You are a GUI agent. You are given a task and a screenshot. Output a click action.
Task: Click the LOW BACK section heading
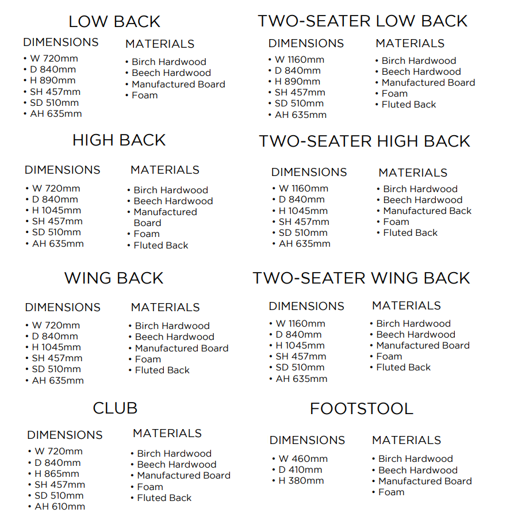pyautogui.click(x=114, y=22)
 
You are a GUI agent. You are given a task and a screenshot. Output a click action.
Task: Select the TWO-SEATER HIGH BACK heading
pyautogui.click(x=365, y=141)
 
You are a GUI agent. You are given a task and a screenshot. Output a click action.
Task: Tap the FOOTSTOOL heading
pyautogui.click(x=361, y=409)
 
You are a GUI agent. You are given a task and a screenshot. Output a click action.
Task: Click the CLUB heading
pyautogui.click(x=115, y=408)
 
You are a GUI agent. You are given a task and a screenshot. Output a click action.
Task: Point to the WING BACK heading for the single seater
pyautogui.click(x=114, y=278)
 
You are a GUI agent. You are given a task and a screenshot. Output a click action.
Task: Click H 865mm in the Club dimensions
pyautogui.click(x=57, y=474)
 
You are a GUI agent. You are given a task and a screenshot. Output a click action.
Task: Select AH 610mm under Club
pyautogui.click(x=60, y=507)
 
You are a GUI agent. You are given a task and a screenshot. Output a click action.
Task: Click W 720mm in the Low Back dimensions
pyautogui.click(x=55, y=59)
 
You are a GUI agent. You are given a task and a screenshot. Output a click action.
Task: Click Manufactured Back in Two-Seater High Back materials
pyautogui.click(x=427, y=211)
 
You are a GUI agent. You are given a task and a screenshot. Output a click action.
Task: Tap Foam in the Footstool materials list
pyautogui.click(x=391, y=492)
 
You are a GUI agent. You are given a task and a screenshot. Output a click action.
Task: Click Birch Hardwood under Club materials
pyautogui.click(x=174, y=454)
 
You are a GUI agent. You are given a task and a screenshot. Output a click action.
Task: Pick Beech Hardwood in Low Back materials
pyautogui.click(x=171, y=73)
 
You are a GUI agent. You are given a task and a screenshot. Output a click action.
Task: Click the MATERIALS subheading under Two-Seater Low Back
pyautogui.click(x=410, y=44)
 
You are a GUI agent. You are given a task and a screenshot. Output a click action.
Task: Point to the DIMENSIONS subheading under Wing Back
pyautogui.click(x=63, y=308)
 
